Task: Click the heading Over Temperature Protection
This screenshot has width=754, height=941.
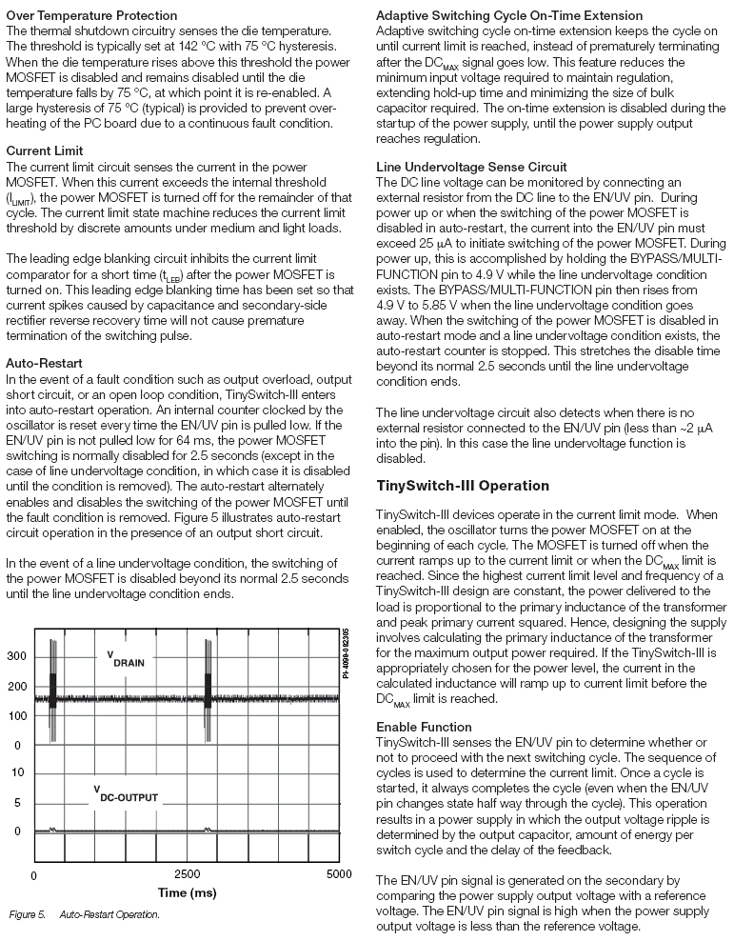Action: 91,15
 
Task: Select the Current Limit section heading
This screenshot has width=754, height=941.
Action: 44,150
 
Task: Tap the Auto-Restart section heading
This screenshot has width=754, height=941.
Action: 44,363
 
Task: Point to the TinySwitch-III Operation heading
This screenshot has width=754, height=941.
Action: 464,486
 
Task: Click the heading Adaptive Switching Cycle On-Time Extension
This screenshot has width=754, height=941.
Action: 523,15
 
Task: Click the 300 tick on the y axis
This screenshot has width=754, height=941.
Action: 16,657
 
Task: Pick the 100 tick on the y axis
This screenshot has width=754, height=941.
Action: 16,715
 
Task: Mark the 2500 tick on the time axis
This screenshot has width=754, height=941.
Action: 187,874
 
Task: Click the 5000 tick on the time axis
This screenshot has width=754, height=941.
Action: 338,874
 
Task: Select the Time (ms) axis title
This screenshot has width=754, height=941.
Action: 187,893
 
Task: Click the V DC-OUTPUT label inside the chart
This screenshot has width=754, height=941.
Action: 129,796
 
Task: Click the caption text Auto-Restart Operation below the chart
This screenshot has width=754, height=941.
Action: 109,914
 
